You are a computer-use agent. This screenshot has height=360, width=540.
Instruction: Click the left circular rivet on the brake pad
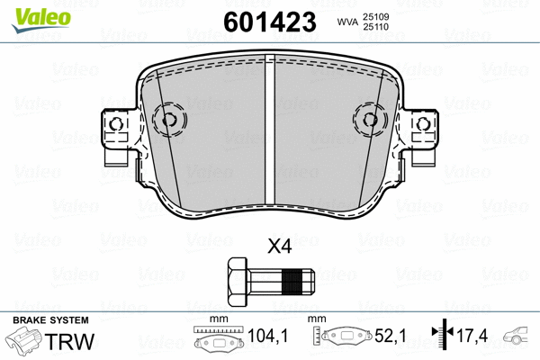[168, 118]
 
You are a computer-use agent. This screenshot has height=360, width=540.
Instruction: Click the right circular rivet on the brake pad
[371, 118]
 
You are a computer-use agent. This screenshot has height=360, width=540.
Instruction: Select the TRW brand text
[75, 343]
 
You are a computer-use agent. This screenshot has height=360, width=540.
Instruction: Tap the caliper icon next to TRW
[25, 345]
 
